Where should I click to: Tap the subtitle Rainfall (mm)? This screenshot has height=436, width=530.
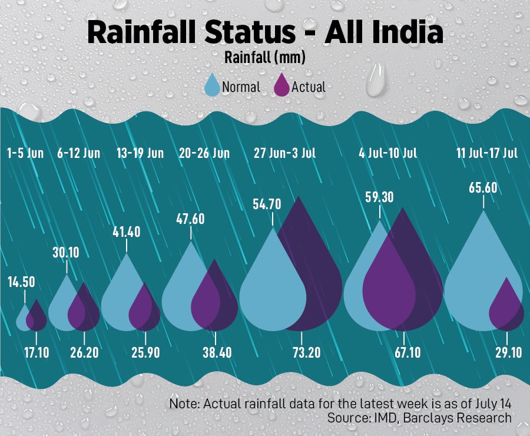pos(264,58)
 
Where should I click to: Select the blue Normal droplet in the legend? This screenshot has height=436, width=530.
pos(212,86)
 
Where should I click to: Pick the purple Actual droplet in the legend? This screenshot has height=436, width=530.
pos(283,86)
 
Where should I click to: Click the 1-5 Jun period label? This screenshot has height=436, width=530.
pos(25,153)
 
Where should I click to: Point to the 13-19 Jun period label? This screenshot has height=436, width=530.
pos(140,153)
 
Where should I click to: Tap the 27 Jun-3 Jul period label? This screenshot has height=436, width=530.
pos(285,153)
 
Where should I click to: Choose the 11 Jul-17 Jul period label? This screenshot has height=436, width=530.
pos(487,153)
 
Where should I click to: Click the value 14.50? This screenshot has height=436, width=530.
pos(21,282)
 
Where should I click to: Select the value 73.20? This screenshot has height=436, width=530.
pos(302,352)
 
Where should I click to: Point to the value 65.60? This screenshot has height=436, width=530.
pos(483,188)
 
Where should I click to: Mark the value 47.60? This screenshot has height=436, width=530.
pos(191,219)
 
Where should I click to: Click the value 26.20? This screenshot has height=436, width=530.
pos(84,352)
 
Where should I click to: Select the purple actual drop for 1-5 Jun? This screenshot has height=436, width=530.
pos(37,318)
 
